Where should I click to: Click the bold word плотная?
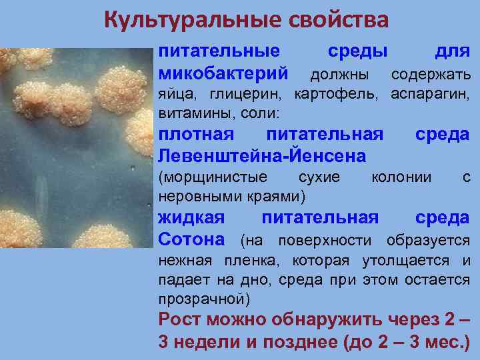[196, 135]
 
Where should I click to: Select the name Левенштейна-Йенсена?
[261, 156]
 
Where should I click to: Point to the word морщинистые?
[213, 178]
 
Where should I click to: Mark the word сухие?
[319, 178]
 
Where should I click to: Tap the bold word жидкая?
[191, 218]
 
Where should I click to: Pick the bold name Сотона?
[195, 239]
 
